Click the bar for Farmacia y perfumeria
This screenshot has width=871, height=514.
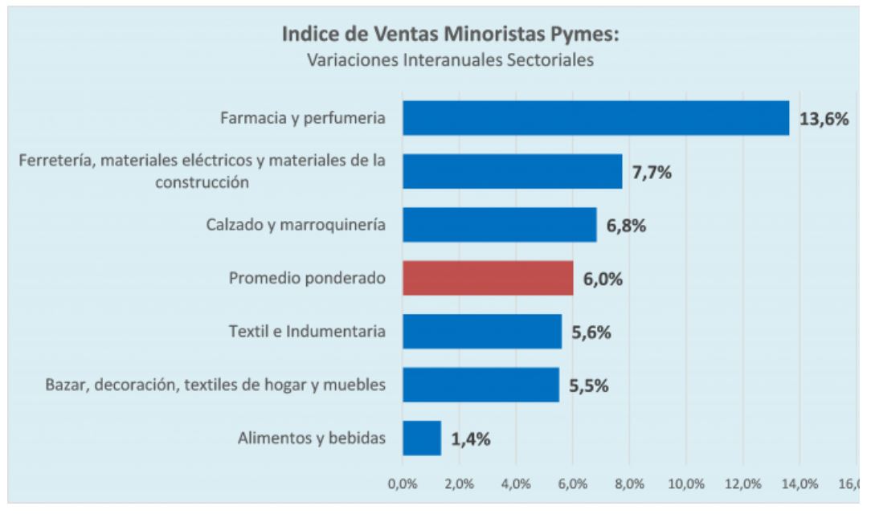pos(595,118)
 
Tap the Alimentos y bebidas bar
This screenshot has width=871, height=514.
pos(422,438)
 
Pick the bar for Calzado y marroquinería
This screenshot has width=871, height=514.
pos(499,225)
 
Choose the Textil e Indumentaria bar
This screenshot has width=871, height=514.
pos(482,331)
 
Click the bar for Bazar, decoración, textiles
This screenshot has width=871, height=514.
pos(480,385)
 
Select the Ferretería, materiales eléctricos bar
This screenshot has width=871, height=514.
pos(512,171)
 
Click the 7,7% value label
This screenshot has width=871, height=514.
pos(656,172)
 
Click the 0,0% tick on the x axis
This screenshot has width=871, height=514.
pos(401,484)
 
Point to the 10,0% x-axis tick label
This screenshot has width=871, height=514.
pos(685,484)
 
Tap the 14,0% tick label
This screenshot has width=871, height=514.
pos(799,484)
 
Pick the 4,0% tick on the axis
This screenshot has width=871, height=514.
pos(515,484)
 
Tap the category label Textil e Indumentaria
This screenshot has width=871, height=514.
pos(303,331)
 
